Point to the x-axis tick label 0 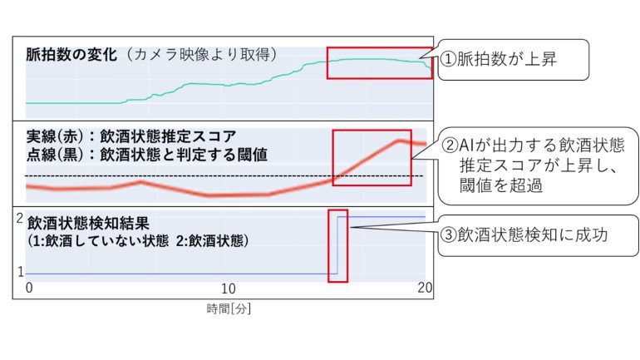click(x=28, y=288)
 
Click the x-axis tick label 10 click(x=228, y=288)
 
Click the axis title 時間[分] click(x=229, y=309)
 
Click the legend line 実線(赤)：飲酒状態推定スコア click(x=131, y=136)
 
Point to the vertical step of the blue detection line click(x=337, y=245)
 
